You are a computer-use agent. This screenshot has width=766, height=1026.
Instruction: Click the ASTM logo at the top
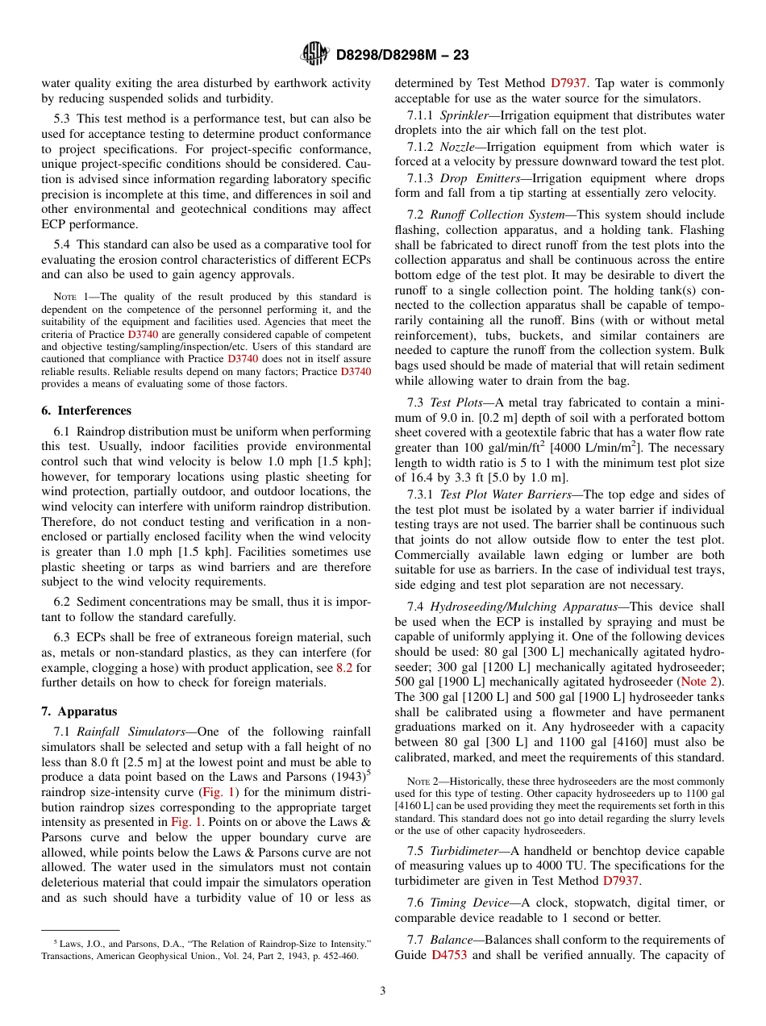(x=314, y=54)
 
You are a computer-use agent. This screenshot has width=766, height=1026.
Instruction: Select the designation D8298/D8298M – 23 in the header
(x=402, y=55)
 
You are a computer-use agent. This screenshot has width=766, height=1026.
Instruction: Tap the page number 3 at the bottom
(x=383, y=991)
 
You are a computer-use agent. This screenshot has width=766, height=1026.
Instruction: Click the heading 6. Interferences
(x=81, y=410)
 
